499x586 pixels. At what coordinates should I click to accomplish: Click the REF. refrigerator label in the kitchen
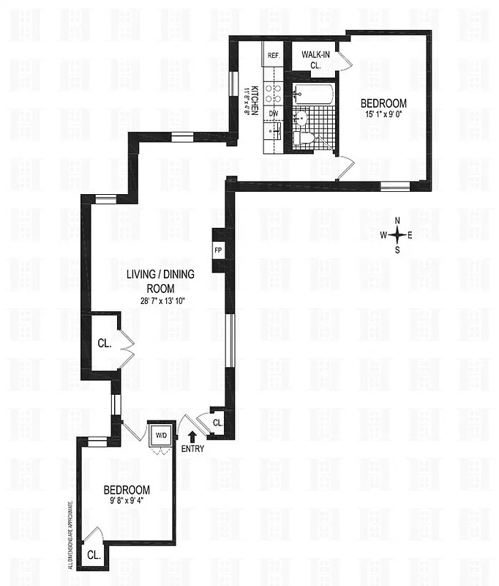[x=274, y=56]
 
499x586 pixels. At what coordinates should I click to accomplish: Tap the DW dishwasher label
[x=273, y=113]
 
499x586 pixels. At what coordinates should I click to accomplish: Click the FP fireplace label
[x=218, y=250]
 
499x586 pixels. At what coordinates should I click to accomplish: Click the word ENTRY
[x=192, y=449]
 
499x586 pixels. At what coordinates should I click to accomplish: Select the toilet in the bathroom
[x=303, y=138]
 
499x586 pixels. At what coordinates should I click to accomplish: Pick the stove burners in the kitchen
[x=273, y=92]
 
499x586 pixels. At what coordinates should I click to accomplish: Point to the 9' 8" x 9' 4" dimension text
[x=127, y=502]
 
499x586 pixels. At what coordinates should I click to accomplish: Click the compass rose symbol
[x=397, y=235]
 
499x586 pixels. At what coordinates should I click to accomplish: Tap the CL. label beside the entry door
[x=218, y=423]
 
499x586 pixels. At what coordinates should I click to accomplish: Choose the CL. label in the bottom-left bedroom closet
[x=94, y=555]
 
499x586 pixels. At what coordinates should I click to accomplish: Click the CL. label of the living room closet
[x=104, y=343]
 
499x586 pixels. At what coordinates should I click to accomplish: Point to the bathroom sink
[x=301, y=118]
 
